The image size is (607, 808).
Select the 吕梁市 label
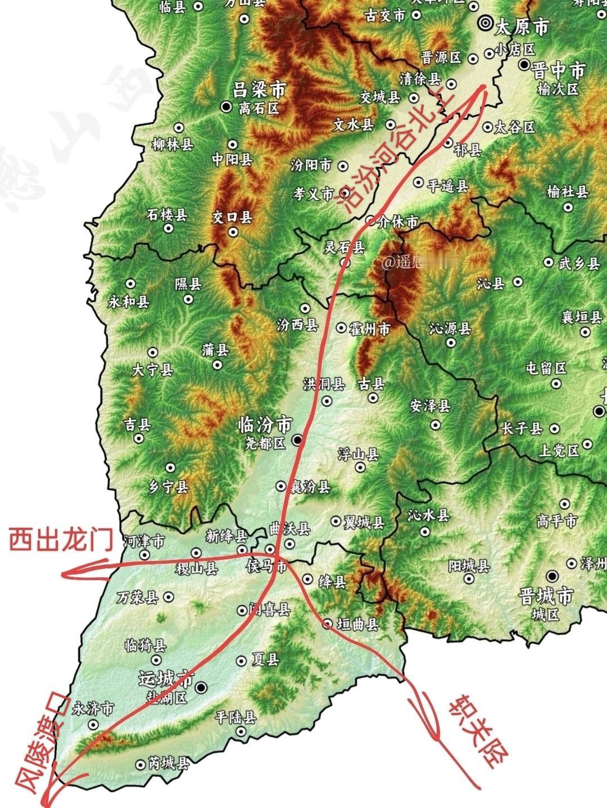tap(259, 89)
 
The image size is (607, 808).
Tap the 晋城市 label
tap(546, 596)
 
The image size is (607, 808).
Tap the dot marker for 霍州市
tap(341, 327)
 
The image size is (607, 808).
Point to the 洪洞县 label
tap(323, 384)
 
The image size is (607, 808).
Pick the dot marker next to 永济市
tap(93, 725)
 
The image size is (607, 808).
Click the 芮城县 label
tap(169, 764)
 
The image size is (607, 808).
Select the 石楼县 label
tap(166, 214)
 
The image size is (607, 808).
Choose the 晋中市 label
tap(559, 71)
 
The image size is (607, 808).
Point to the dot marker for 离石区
tap(227, 105)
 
